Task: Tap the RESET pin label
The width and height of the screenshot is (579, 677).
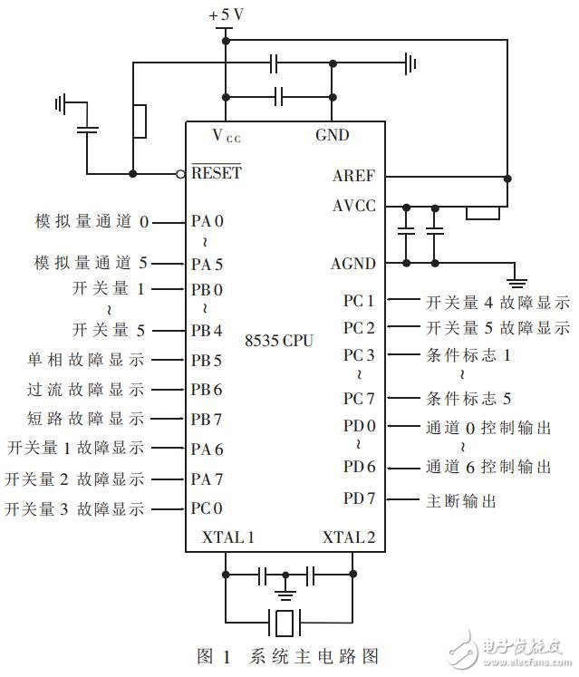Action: coord(216,172)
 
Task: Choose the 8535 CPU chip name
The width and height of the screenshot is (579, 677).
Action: coord(278,342)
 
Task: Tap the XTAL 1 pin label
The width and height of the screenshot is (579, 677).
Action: coord(220,537)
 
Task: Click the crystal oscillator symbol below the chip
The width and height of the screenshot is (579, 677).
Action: coord(286,622)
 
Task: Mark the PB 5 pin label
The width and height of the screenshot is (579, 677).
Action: coord(207,359)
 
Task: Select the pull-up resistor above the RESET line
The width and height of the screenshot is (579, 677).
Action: coord(140,121)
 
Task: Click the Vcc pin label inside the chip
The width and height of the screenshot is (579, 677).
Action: coord(227,137)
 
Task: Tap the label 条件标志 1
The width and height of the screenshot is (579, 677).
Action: coord(468,355)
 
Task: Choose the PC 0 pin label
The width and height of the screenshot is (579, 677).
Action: coord(207,509)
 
